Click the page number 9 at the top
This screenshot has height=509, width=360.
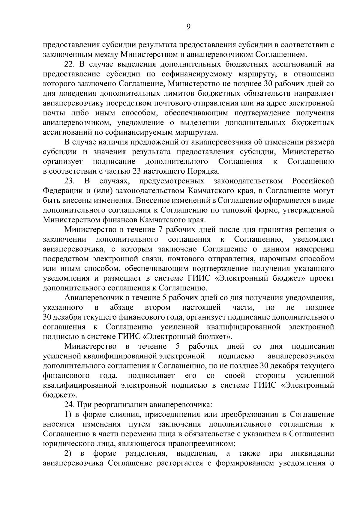click(188, 27)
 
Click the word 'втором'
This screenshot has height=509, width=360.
click(158, 308)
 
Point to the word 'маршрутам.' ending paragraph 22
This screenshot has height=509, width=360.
click(201, 132)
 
